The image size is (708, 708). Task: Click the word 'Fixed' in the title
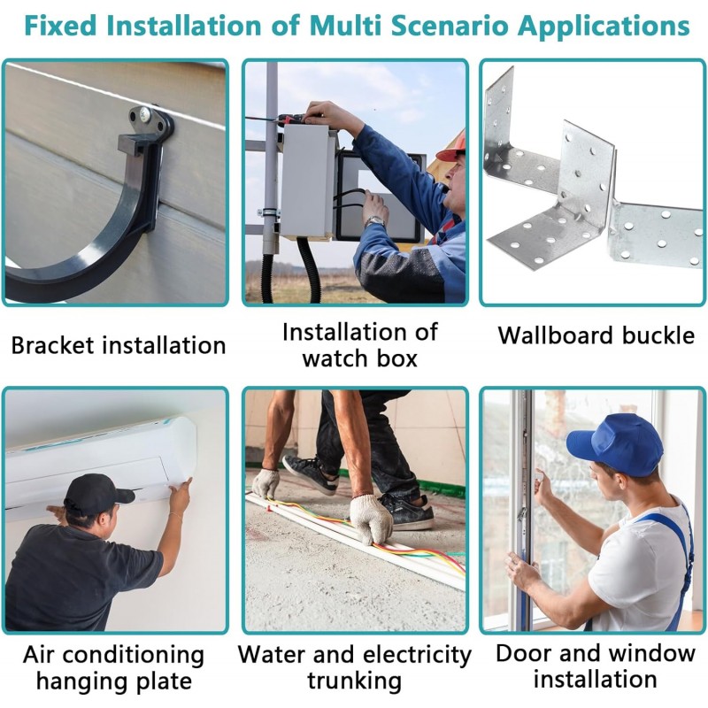[x=60, y=26]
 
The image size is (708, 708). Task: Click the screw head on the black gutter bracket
[x=145, y=115]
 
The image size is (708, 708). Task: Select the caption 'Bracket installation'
[x=119, y=345]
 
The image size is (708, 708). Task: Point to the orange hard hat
[x=452, y=147]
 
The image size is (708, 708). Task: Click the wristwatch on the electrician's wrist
[x=375, y=222]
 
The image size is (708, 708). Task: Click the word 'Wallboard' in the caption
[x=556, y=335]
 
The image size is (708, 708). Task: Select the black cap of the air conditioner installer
[x=97, y=494]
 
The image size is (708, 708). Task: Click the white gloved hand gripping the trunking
[x=371, y=519]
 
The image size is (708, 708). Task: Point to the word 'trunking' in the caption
[x=355, y=681]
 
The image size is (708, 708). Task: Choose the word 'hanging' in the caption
[x=83, y=681]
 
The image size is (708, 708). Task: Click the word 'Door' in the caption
[x=521, y=653]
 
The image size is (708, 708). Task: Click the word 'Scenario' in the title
[x=450, y=26]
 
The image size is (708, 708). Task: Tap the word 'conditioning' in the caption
[x=134, y=656]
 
